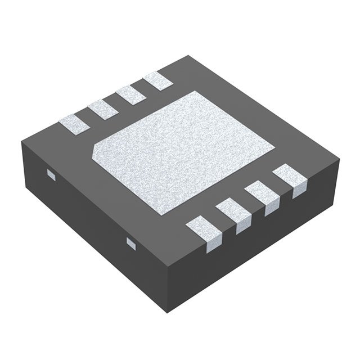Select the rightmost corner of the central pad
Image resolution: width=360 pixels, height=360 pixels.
274,148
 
